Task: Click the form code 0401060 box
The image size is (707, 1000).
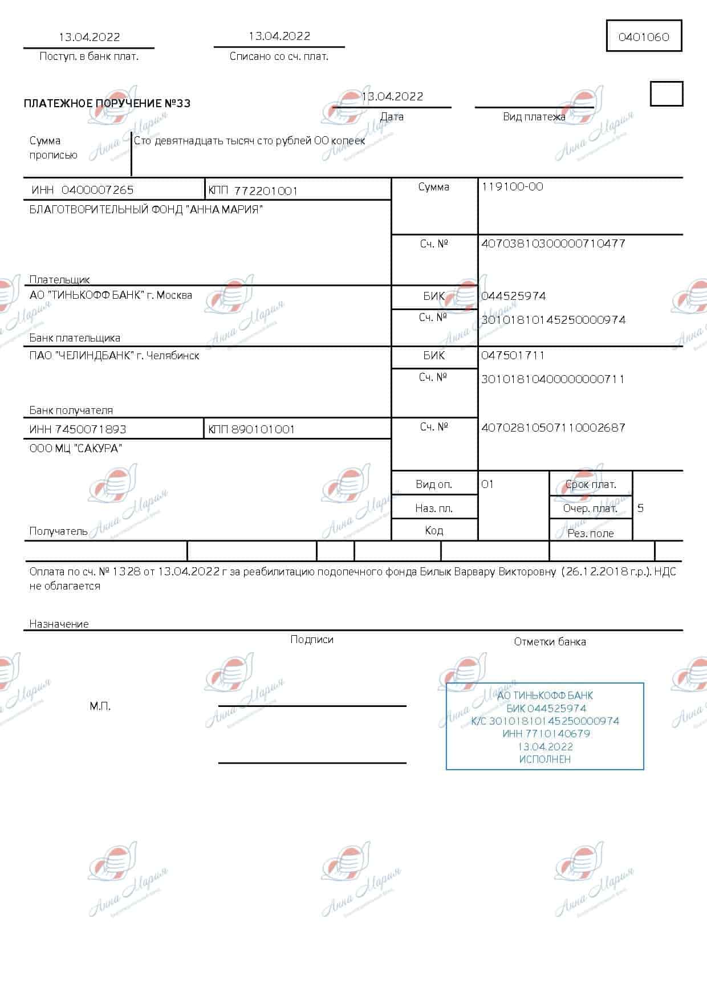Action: pyautogui.click(x=644, y=37)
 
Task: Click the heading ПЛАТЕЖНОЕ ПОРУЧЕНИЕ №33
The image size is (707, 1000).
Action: pyautogui.click(x=107, y=103)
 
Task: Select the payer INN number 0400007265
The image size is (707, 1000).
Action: pyautogui.click(x=97, y=190)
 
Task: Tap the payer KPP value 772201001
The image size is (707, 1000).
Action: pyautogui.click(x=266, y=190)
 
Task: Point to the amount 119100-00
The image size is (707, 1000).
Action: pyautogui.click(x=512, y=186)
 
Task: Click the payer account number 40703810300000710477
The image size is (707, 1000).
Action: pyautogui.click(x=553, y=243)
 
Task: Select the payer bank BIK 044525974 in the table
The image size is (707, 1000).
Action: pyautogui.click(x=513, y=296)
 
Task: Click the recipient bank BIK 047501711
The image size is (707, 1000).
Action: pyautogui.click(x=513, y=355)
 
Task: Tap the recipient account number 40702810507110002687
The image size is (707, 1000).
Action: pyautogui.click(x=553, y=427)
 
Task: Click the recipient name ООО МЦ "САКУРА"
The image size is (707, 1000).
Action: pyautogui.click(x=75, y=449)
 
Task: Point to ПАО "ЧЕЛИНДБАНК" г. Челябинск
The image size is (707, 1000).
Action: pyautogui.click(x=114, y=356)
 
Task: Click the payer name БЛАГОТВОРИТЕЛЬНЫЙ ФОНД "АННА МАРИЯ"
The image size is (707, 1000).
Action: pyautogui.click(x=146, y=210)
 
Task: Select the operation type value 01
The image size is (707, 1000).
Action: pyautogui.click(x=487, y=484)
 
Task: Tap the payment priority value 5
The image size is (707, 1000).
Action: pyautogui.click(x=640, y=508)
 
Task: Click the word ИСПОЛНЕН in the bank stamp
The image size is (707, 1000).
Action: pyautogui.click(x=545, y=759)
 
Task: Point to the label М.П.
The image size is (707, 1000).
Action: pyautogui.click(x=100, y=706)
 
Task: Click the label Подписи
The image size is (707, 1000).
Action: pyautogui.click(x=311, y=640)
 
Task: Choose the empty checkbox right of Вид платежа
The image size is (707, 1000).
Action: pyautogui.click(x=666, y=94)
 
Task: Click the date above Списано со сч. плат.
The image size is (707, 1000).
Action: pyautogui.click(x=279, y=36)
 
